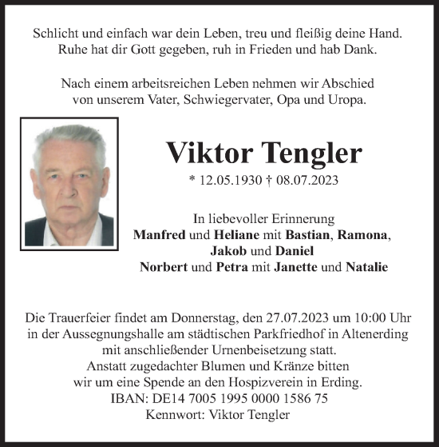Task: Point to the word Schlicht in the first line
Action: tap(58, 34)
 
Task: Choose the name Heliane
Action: tap(238, 235)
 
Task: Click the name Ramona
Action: tap(364, 235)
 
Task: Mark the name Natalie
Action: tap(367, 267)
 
